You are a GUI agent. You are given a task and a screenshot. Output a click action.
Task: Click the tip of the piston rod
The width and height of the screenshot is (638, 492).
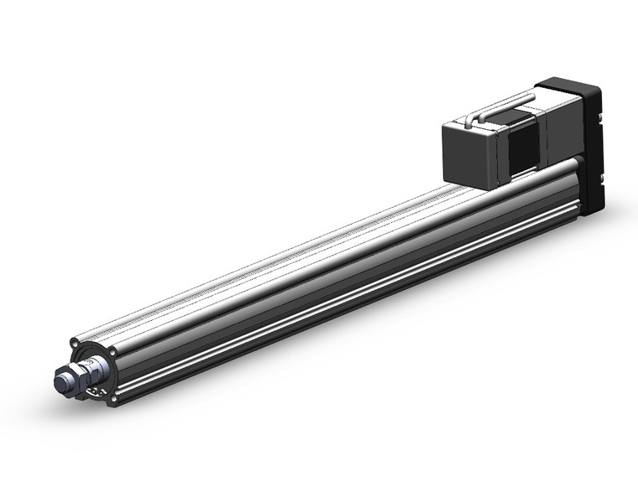coord(60,381)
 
